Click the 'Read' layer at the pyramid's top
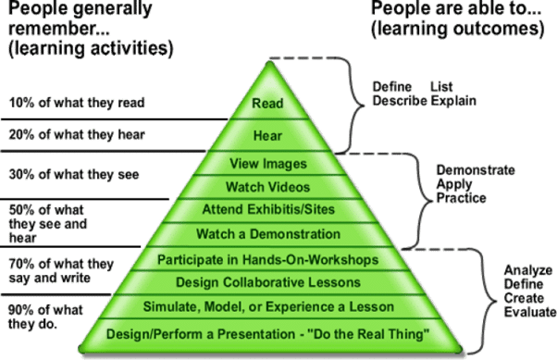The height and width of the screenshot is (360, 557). [267, 104]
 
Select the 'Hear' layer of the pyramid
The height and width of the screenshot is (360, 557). [267, 136]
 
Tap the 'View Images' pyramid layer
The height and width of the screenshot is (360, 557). [268, 164]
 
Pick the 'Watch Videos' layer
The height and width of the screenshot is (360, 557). [267, 187]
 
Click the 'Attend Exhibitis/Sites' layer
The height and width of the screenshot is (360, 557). [268, 209]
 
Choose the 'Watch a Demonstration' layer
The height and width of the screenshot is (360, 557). [268, 234]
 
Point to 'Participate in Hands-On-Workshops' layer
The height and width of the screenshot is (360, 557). [267, 260]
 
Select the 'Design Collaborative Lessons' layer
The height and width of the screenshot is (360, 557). [268, 282]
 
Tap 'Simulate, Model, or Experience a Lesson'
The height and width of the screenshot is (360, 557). [268, 306]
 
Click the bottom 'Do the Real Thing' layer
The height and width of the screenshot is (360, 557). [267, 334]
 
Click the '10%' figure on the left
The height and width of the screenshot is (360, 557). [21, 103]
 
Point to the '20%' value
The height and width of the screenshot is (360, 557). [21, 135]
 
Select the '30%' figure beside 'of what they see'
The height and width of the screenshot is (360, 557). [21, 175]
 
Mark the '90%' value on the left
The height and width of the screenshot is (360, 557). [21, 310]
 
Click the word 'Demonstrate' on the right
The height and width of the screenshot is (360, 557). [476, 170]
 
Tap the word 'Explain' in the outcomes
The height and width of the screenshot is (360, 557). [453, 101]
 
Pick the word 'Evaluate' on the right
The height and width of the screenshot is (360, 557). [530, 312]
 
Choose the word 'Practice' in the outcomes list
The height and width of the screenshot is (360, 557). [461, 198]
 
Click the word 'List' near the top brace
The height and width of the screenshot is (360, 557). [441, 87]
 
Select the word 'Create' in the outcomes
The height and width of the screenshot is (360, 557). [524, 298]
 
